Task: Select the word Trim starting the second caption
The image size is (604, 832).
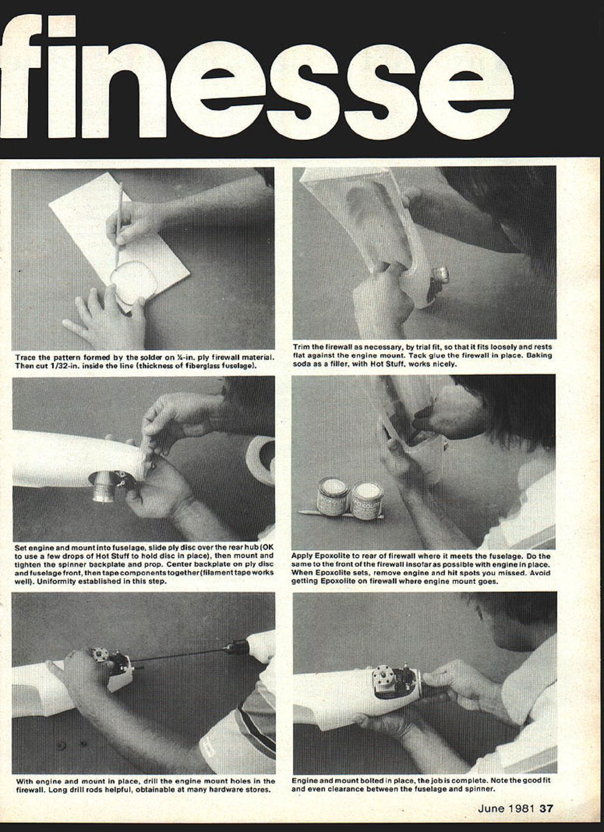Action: (x=301, y=347)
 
